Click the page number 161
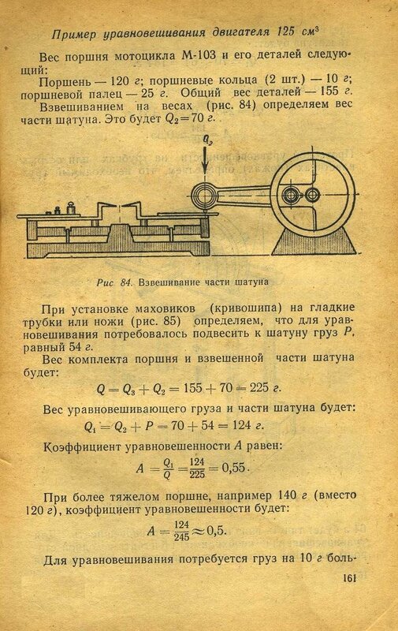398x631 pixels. coord(349,578)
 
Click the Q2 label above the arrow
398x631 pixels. coord(207,140)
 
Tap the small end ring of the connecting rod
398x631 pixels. coord(204,196)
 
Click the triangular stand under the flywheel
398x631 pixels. coord(314,241)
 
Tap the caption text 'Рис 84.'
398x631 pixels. coord(114,282)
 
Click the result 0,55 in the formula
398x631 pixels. coord(234,468)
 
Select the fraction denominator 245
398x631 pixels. coord(182,537)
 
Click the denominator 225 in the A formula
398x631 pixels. coord(197,474)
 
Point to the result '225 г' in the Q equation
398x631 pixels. coord(266,388)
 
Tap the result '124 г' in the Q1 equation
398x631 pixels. coord(248,425)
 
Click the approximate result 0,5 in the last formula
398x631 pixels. coord(216,531)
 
